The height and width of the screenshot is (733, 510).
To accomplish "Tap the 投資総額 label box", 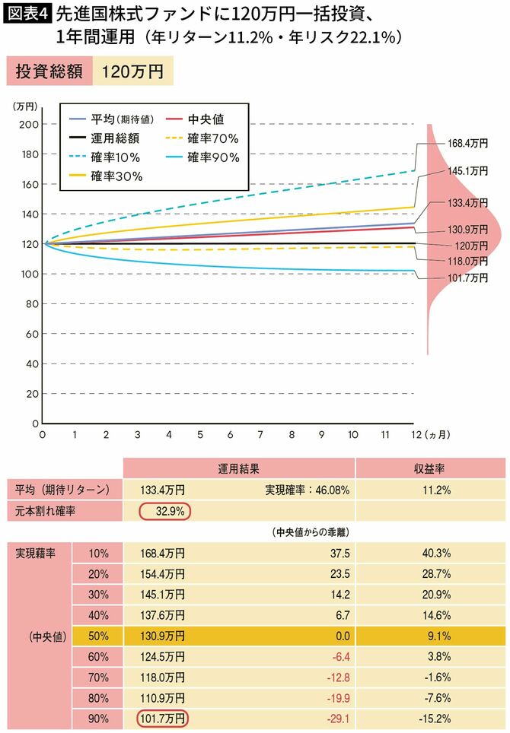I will (x=48, y=71).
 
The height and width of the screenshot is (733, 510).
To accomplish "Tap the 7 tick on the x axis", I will (x=260, y=435).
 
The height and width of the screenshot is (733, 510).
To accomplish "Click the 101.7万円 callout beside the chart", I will (x=467, y=278).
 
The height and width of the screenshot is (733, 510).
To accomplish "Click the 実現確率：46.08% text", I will (x=307, y=490).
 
